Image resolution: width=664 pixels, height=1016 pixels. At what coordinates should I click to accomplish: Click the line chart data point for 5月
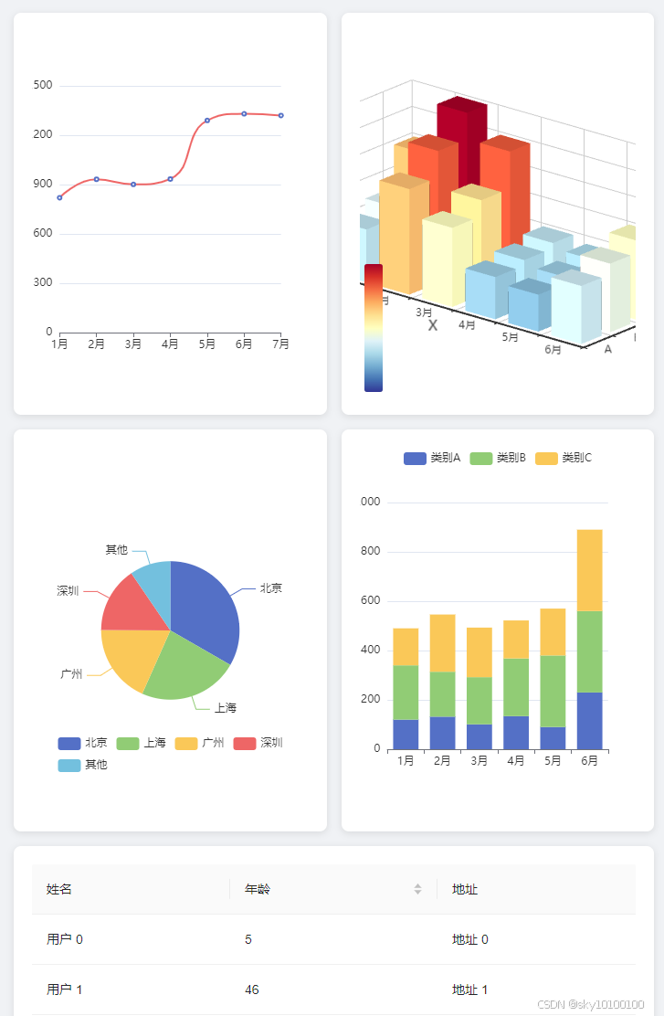(207, 121)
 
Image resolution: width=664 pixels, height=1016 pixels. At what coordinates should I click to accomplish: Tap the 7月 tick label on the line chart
(281, 344)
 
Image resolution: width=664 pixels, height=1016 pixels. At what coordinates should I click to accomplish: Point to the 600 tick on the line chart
(42, 234)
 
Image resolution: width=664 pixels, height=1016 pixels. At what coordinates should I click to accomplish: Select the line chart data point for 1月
(59, 197)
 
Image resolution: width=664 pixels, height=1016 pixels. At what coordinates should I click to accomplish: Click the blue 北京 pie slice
(205, 612)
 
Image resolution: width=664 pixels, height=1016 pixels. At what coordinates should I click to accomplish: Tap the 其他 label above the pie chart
(116, 550)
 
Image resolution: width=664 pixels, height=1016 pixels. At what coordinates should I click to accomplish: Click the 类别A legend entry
(432, 458)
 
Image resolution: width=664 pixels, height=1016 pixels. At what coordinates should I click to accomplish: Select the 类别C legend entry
(564, 458)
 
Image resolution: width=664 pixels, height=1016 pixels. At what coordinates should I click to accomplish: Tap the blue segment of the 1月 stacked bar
(406, 734)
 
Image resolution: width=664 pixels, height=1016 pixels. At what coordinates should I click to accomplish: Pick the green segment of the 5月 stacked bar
(553, 691)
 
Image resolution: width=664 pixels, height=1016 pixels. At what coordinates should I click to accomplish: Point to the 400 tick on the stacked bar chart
(371, 651)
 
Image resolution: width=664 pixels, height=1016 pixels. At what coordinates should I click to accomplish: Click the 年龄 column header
(258, 889)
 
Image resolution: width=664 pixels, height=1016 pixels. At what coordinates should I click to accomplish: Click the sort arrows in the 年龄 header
(417, 889)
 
